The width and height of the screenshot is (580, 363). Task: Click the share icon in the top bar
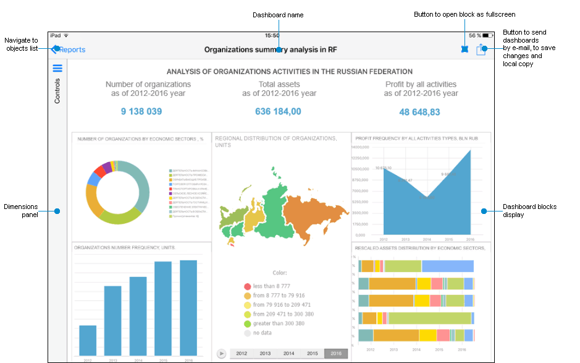pos(481,49)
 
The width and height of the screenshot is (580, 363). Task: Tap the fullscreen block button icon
pos(464,49)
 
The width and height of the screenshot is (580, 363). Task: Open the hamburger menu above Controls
pos(57,69)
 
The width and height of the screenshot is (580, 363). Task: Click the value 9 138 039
pos(141,111)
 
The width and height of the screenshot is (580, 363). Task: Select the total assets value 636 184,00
pos(278,111)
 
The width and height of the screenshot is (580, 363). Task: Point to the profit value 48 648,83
pos(419,112)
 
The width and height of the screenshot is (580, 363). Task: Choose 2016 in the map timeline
pos(336,353)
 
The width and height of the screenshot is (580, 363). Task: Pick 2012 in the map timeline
pos(242,353)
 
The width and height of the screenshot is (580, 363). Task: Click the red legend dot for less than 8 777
pos(247,286)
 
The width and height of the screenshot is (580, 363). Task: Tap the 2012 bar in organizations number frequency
pos(88,340)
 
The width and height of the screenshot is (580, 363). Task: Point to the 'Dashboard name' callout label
pos(278,15)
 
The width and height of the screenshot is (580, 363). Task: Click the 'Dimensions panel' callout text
pos(21,211)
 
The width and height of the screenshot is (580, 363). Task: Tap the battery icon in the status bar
pos(487,35)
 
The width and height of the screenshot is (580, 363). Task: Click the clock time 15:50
pos(272,35)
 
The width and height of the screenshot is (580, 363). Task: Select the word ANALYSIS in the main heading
pos(186,72)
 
